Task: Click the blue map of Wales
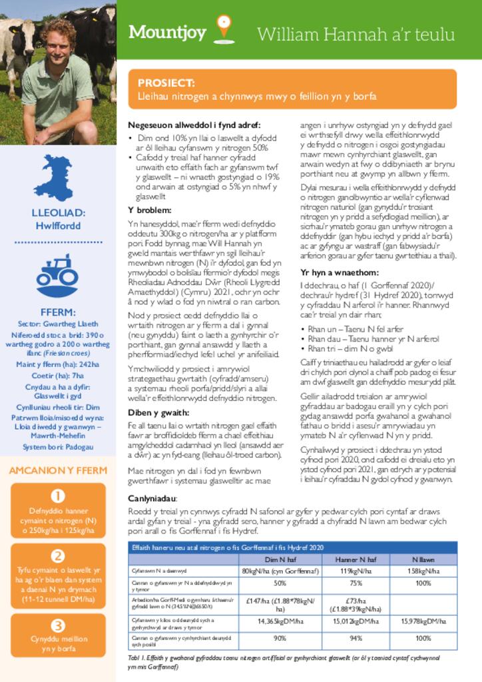[x=55, y=177]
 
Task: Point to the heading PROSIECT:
[x=166, y=83]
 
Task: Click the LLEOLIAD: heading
[x=58, y=213]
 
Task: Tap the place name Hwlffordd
[x=58, y=226]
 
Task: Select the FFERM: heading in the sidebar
[x=58, y=312]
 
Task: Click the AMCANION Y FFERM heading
[x=58, y=470]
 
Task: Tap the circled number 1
[x=58, y=496]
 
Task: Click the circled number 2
[x=58, y=556]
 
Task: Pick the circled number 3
[x=58, y=625]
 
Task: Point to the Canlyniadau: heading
[x=152, y=499]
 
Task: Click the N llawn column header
[x=423, y=559]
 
